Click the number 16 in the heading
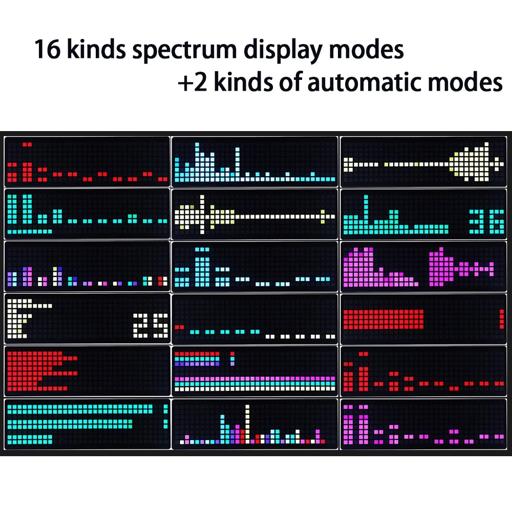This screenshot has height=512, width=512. point(47,50)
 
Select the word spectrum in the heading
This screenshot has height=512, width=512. point(184,51)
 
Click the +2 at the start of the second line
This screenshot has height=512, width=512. point(193,82)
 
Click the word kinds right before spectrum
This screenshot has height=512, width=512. point(96,49)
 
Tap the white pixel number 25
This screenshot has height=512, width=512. point(151,326)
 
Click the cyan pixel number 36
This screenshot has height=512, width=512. point(486,222)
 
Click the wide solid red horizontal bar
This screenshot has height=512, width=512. point(383,319)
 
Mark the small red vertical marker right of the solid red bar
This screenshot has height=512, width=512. point(502,319)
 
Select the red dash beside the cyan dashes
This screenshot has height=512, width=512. point(179,327)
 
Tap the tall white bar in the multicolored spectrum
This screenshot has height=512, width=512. point(247,424)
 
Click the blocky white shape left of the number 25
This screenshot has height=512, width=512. point(19,318)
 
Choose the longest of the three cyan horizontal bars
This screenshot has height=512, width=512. point(80,409)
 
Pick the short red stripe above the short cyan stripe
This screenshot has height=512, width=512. point(197,354)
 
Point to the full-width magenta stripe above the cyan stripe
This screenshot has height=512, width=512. point(255,379)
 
